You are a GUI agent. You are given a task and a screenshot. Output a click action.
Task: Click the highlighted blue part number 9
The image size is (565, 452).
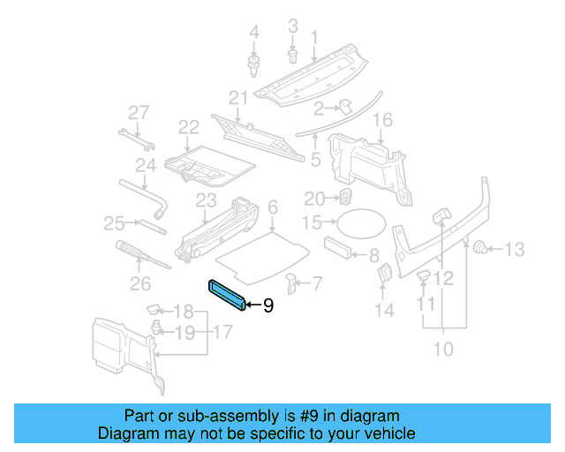point(229,294)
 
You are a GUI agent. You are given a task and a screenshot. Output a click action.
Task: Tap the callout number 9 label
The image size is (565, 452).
point(268,305)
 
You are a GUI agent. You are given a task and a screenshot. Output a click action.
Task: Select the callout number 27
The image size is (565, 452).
point(139,112)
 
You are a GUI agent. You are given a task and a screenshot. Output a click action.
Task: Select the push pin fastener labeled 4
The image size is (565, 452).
point(255,64)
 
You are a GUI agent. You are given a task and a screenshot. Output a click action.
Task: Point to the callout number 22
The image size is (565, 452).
point(188,129)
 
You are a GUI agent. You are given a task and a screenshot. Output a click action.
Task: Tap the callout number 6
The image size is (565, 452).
point(273,207)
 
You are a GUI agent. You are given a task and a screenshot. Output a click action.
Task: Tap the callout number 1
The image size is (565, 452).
point(313,37)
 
